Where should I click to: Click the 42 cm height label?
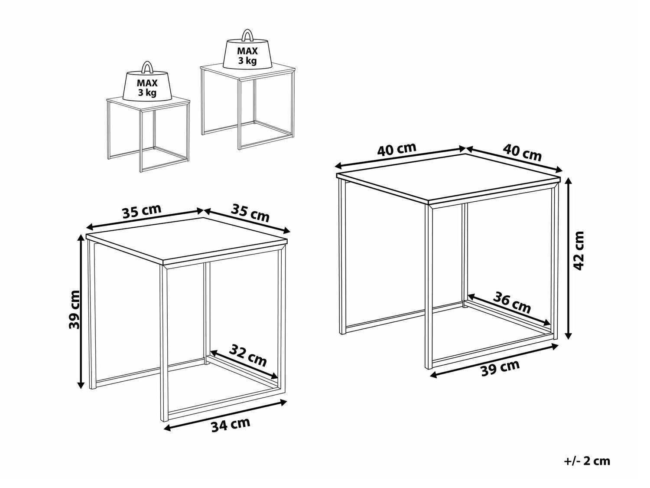pos(578,251)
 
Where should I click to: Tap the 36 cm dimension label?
pos(512,302)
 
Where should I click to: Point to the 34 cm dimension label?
pos(231,425)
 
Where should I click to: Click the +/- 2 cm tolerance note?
pos(587,462)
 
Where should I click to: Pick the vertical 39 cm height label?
pos(74,310)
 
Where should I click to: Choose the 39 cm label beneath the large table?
pos(500,368)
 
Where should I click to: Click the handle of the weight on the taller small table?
pos(247,35)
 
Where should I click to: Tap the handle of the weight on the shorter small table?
pos(147,67)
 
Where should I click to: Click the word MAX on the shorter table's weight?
pos(147,83)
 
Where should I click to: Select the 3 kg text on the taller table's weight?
pos(247,61)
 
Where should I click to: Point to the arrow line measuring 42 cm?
pos(568,258)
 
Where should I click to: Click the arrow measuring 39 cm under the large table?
pos(494,360)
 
